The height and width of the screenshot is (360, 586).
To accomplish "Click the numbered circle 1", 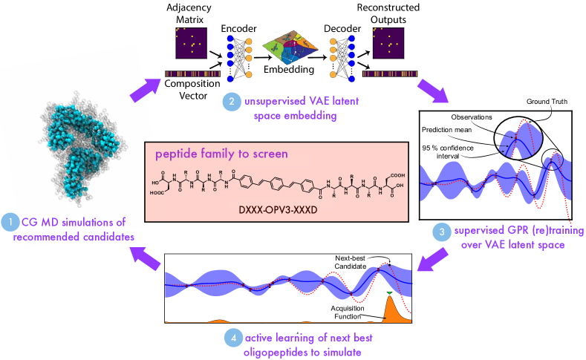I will point(10,221).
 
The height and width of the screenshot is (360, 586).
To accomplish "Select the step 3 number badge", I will point(441,232).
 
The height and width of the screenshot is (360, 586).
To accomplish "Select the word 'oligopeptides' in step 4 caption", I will point(268,352).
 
